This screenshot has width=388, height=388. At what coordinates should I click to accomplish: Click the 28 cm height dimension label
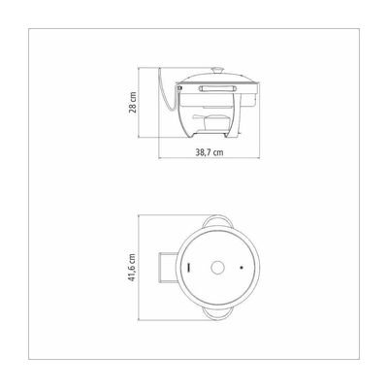[x=133, y=102]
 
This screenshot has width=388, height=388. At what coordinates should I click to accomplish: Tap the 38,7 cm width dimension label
[x=210, y=152]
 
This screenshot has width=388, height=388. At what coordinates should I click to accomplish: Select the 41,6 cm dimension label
[x=132, y=268]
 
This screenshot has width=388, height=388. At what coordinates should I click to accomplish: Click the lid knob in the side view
[x=217, y=71]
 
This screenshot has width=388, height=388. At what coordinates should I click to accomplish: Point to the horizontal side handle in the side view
[x=217, y=88]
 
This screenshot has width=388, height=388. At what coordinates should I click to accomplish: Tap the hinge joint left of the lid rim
[x=178, y=87]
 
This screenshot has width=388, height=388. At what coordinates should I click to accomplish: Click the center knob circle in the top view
[x=217, y=268]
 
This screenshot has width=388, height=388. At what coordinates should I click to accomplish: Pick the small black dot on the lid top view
[x=242, y=268]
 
